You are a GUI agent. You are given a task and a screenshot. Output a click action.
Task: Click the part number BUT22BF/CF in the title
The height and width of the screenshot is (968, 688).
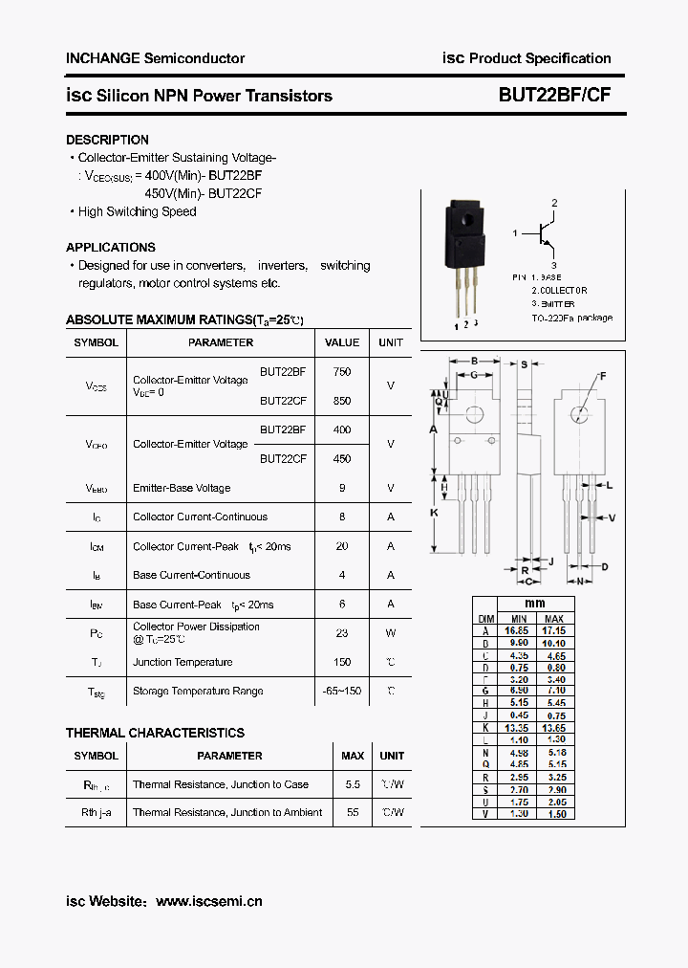point(554,96)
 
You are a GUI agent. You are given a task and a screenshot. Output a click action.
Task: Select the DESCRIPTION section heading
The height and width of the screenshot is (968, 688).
point(107,140)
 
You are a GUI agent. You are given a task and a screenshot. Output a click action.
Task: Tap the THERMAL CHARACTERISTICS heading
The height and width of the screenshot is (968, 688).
point(155,733)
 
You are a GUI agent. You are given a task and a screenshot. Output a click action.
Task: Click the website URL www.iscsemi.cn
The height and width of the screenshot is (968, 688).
point(208,901)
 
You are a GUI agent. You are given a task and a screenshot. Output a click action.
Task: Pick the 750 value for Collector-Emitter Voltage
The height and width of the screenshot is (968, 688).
point(342,371)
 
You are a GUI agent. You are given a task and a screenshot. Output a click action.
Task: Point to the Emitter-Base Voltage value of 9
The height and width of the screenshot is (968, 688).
point(342,488)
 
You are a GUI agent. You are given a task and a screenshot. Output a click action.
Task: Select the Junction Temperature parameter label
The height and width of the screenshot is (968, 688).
point(183,662)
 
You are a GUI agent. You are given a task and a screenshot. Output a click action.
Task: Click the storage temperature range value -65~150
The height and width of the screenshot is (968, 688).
point(342,691)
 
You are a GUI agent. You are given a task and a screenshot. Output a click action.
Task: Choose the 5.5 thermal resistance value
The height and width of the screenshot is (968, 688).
point(353,784)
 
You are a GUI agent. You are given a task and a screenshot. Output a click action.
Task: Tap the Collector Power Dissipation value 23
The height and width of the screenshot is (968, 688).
point(342,633)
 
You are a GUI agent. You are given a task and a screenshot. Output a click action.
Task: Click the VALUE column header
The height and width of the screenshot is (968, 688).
point(342,342)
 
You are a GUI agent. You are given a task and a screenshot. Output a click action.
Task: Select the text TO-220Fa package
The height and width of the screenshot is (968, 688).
point(572,318)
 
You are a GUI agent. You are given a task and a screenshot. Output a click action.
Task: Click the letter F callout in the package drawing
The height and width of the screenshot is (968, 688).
point(603,376)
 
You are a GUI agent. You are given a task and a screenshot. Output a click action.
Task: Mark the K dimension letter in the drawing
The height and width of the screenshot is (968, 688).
point(434,513)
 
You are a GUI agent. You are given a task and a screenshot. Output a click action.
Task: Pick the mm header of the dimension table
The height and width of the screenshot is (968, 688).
point(534,604)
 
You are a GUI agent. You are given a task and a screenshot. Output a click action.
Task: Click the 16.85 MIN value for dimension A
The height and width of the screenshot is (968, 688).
point(517,631)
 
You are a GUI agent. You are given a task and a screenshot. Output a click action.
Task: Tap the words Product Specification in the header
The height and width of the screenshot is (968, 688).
point(540,58)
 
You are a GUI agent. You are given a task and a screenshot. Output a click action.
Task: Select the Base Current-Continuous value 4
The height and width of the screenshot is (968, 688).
point(342,575)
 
